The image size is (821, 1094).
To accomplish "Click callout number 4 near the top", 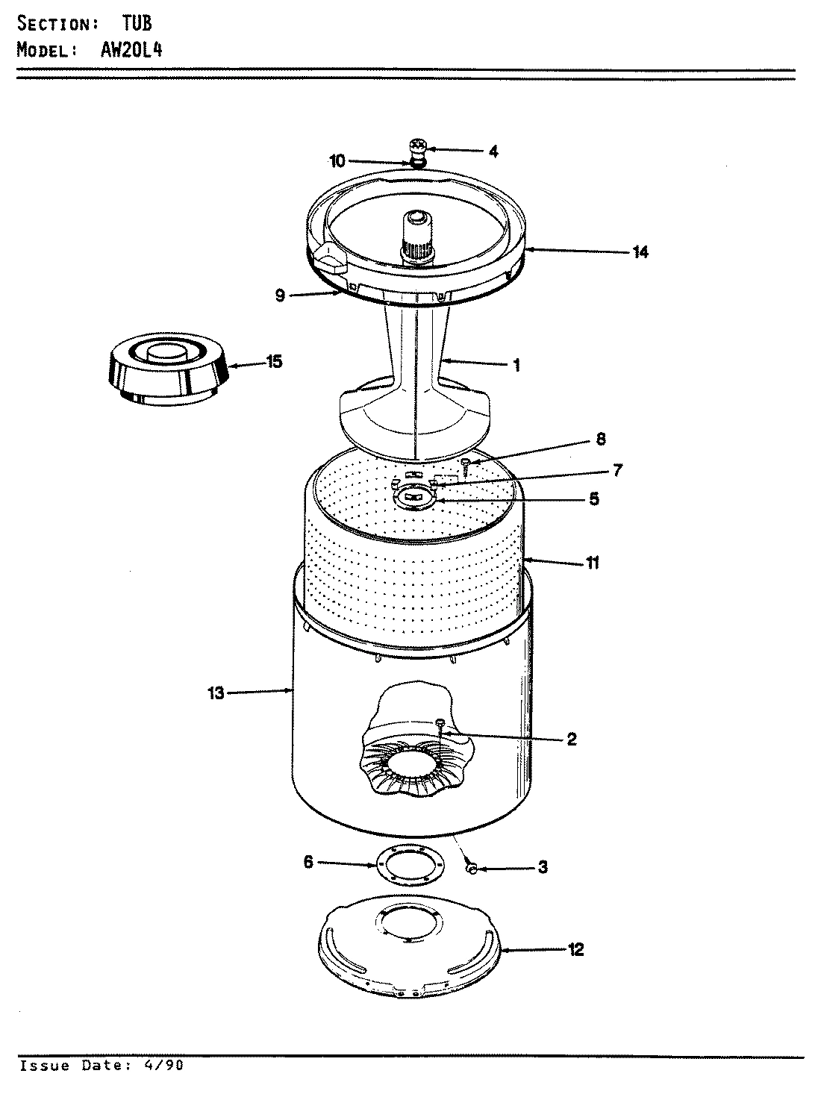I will (493, 151).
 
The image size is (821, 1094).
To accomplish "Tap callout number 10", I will (337, 160).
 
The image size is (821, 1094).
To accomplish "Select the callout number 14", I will (640, 252).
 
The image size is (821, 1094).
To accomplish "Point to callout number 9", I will (280, 296).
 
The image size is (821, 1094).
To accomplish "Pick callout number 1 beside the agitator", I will (516, 366).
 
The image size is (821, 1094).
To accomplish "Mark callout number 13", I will (215, 693).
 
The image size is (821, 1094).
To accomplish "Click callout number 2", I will (571, 739).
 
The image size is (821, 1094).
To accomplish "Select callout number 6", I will (308, 862).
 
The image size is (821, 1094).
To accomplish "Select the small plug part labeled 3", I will (471, 868).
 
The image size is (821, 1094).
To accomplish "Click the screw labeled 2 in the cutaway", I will (440, 723).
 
